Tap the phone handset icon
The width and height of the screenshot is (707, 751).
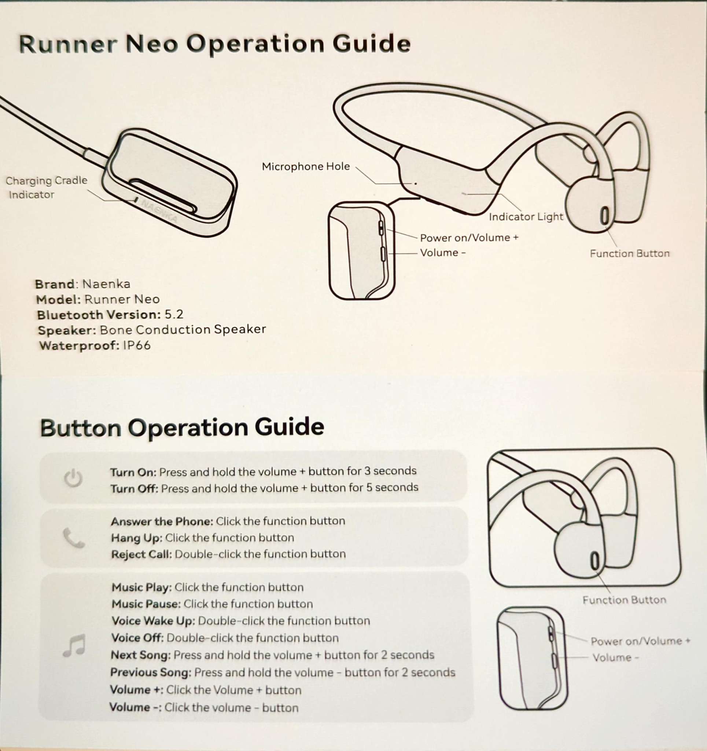coord(74,538)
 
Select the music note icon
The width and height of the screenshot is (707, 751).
coord(74,646)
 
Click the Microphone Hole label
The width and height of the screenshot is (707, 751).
coord(306,166)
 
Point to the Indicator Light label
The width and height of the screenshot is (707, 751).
coord(526,217)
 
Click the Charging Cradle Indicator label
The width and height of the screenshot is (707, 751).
coord(46,187)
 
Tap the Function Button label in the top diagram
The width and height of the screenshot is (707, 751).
coord(630,253)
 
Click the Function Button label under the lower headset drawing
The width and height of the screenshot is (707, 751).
coord(624,600)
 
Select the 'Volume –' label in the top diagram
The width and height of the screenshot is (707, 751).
coord(443,253)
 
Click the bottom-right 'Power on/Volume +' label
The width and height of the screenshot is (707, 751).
coord(640,641)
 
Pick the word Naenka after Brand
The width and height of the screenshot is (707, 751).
coord(106,284)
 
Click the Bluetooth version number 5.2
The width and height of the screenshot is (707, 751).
coord(174,315)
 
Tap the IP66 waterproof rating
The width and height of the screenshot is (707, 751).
coord(137,345)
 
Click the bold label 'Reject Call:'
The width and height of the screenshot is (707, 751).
coord(141,554)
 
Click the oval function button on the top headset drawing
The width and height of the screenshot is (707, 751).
coord(605,216)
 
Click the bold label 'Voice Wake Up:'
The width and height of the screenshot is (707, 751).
coord(153,621)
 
